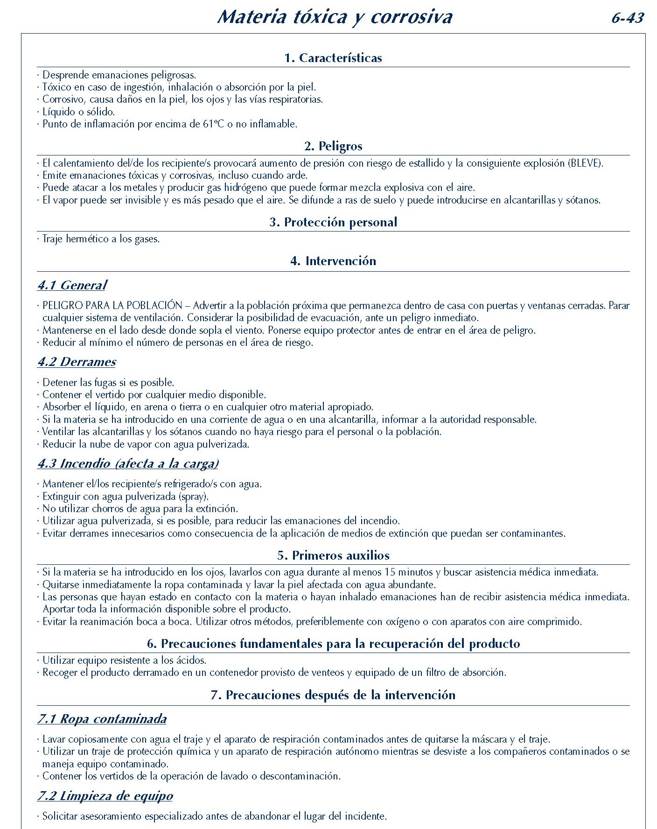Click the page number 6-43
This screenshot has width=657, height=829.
[x=627, y=18]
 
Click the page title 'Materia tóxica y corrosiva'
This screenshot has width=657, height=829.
[x=335, y=17]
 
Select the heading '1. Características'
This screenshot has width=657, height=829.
[x=333, y=58]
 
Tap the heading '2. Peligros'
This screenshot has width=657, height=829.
[x=333, y=146]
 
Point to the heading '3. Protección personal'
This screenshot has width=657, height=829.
[x=333, y=222]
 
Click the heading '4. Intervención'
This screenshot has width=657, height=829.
[x=333, y=261]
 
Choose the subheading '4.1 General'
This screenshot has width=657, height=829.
[x=72, y=285]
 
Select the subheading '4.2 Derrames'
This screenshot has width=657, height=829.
[x=77, y=362]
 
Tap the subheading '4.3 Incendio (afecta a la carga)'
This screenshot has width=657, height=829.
[x=128, y=464]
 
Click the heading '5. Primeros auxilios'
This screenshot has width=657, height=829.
[x=333, y=555]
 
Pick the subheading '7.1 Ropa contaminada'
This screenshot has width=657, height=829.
[x=102, y=719]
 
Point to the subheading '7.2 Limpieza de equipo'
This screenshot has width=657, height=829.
[x=105, y=796]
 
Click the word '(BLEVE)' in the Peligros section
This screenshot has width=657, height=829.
[x=586, y=163]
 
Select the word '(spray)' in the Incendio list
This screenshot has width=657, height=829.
[x=194, y=497]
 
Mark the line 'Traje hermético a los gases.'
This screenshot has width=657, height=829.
[x=101, y=239]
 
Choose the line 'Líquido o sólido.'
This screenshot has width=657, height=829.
[x=78, y=112]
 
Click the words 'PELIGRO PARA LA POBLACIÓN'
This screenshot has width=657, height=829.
[x=112, y=306]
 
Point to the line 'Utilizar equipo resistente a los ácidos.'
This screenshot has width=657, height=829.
[x=124, y=660]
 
